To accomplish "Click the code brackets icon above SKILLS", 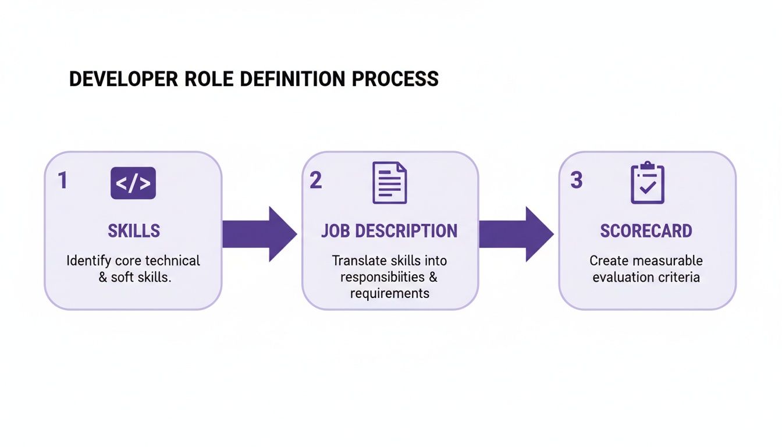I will (x=133, y=183).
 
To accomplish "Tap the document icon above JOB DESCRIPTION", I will (x=389, y=183).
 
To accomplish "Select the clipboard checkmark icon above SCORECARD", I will (x=647, y=183).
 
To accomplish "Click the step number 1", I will (x=62, y=180).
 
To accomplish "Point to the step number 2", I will (x=315, y=180).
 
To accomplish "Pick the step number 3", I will (x=576, y=180).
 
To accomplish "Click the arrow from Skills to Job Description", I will (x=258, y=234).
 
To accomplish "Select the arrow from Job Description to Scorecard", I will (x=516, y=234).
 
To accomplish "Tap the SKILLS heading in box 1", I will (x=133, y=231).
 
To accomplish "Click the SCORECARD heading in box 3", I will (x=646, y=231).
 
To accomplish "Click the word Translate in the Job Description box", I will (x=357, y=260).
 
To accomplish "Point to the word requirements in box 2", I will (x=389, y=293).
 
